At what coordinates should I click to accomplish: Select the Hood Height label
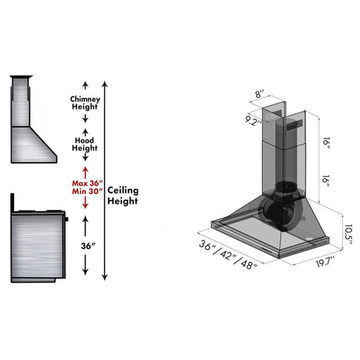(84, 143)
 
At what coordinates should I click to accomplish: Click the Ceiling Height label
(123, 195)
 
